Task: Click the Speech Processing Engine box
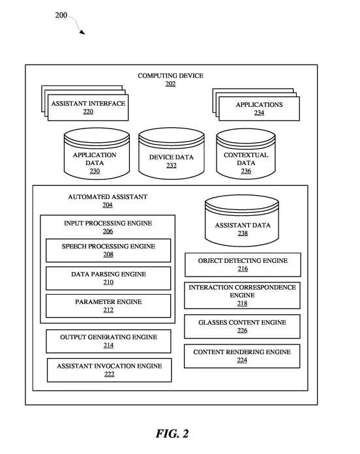coord(108,250)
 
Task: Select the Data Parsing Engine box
coord(108,279)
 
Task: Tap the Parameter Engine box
coord(108,306)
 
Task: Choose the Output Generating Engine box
coord(108,341)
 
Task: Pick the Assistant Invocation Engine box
coord(110,370)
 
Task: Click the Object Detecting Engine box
coord(243,265)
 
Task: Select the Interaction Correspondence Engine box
coord(242,295)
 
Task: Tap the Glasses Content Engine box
coord(242,327)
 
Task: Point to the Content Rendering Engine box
coord(242,356)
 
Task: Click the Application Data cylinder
coord(97,154)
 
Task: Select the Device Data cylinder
coord(172,154)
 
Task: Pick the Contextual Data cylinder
coord(246,154)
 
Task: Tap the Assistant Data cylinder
coord(242,220)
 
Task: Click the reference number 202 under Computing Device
coord(170,84)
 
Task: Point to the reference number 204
coord(108,205)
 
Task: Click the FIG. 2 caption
coord(172,434)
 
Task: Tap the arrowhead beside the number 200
coord(82,32)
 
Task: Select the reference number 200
coord(61,15)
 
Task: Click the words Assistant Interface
coord(88,103)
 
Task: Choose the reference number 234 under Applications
coord(260,113)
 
